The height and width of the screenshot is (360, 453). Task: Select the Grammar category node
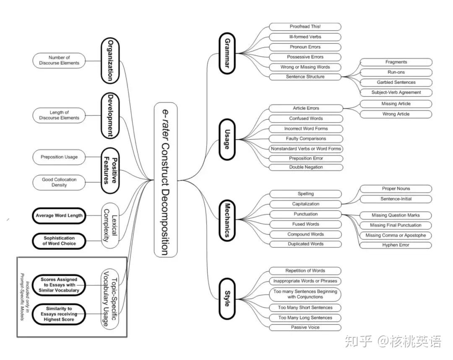click(227, 53)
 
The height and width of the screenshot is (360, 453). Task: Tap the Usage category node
click(227, 140)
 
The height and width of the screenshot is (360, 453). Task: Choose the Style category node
click(227, 298)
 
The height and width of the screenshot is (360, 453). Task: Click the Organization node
click(110, 60)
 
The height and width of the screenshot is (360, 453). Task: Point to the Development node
click(110, 115)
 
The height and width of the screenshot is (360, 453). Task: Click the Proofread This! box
click(305, 27)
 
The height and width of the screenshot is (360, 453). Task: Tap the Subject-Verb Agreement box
click(396, 92)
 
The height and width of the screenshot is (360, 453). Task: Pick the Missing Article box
click(396, 104)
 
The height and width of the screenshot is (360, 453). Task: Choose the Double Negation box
click(306, 167)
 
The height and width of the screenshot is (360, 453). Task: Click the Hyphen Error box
click(396, 245)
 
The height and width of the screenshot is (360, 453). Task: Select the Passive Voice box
click(305, 327)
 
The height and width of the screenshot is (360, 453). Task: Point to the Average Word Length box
click(59, 216)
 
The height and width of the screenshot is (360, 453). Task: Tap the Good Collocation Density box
click(59, 182)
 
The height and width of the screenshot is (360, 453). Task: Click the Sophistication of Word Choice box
click(59, 241)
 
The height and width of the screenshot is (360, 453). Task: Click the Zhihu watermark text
click(393, 342)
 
